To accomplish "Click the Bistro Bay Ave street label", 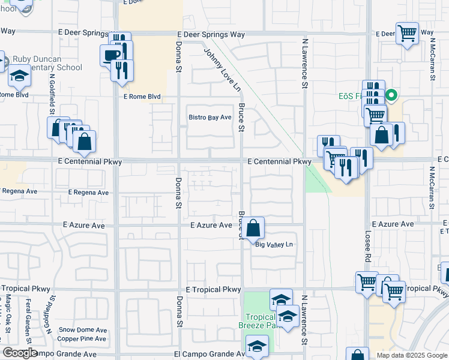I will (209, 118).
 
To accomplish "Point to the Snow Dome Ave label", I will (83, 330).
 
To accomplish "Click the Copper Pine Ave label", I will (82, 339).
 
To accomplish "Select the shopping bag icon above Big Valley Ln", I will (254, 228).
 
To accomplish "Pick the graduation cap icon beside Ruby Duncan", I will (20, 77).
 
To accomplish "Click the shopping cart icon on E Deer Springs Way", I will (407, 34).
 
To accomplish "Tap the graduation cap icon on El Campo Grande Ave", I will (257, 346).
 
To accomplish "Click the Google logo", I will (20, 353).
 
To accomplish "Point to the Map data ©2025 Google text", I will (411, 355).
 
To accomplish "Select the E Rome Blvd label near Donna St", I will (142, 97).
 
